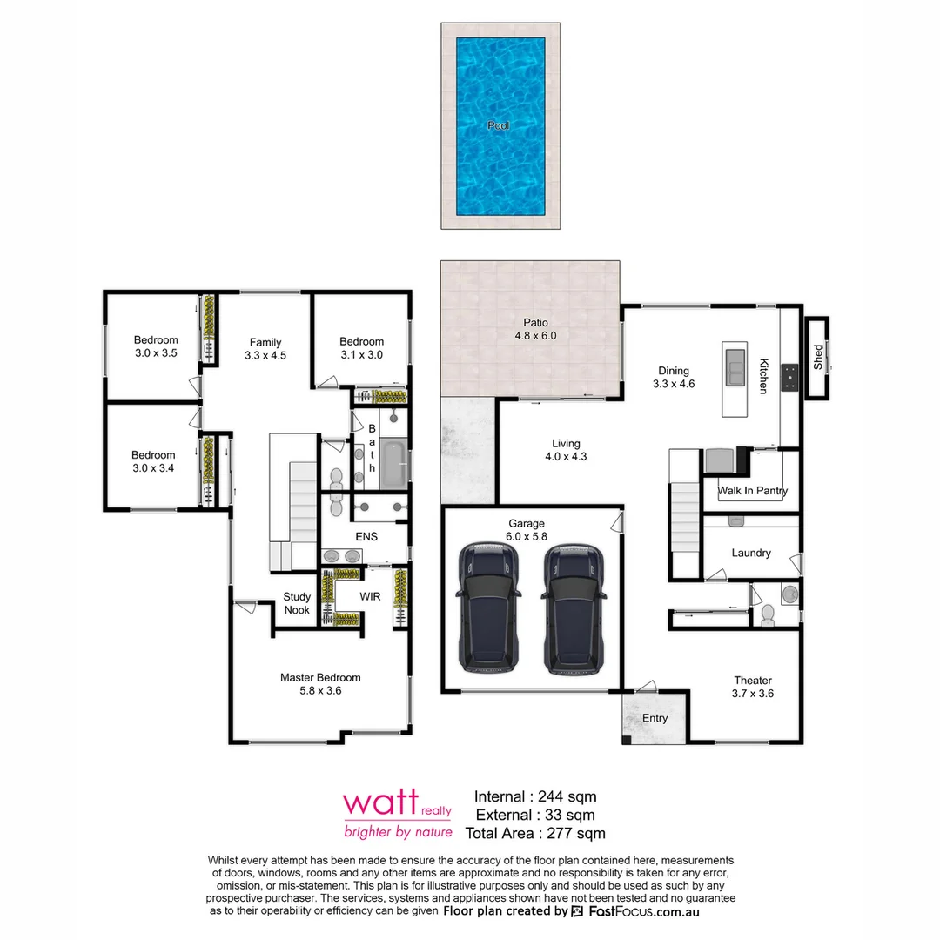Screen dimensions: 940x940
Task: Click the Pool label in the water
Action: [x=499, y=126]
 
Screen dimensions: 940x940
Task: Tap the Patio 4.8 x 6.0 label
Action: [x=534, y=329]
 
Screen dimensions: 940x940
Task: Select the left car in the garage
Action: [x=489, y=608]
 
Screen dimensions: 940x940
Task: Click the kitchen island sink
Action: [x=735, y=366]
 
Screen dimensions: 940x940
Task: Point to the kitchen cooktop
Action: [x=791, y=376]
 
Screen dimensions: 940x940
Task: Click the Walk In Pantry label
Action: [x=752, y=491]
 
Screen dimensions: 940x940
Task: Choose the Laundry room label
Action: [x=750, y=553]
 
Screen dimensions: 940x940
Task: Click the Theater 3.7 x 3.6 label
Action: [x=753, y=687]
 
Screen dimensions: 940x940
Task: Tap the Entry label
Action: [x=655, y=718]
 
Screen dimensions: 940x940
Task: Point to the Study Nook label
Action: [x=297, y=603]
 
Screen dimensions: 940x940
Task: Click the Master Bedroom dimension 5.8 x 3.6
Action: [x=320, y=691]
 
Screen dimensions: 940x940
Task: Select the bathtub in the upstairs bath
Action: [x=393, y=464]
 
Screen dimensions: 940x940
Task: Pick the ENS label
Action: [x=366, y=537]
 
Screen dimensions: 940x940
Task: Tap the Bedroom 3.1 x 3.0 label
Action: [x=361, y=348]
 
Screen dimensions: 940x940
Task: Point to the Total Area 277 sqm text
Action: [x=535, y=834]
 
